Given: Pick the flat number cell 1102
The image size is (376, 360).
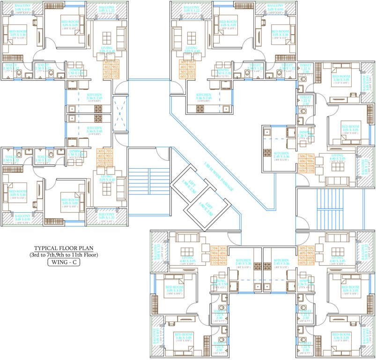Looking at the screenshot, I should pyautogui.click(x=115, y=76).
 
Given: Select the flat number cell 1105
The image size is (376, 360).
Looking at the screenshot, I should pyautogui.click(x=309, y=263).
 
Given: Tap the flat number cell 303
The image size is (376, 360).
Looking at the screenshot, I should pyautogui.click(x=100, y=151).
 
